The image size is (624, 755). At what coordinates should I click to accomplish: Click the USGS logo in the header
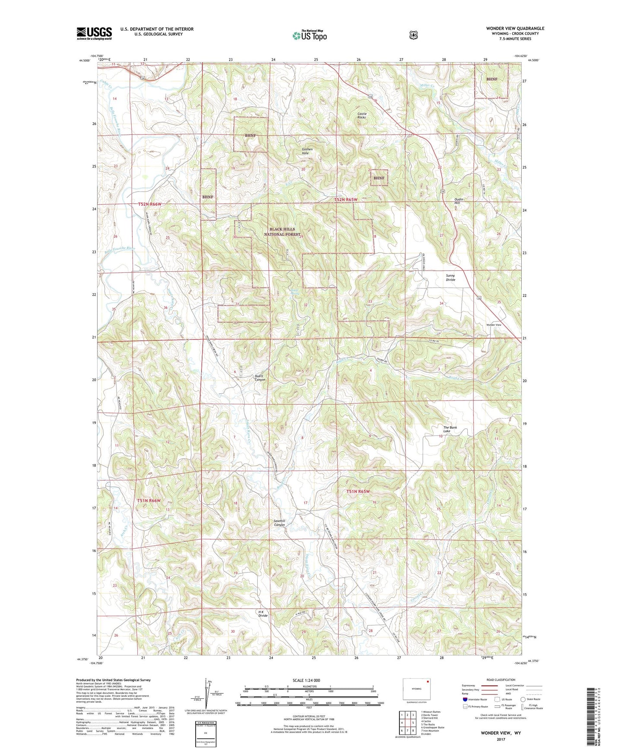pyautogui.click(x=94, y=33)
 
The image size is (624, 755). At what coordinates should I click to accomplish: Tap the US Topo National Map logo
pyautogui.click(x=310, y=35)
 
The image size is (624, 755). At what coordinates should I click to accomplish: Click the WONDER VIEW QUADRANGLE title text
pyautogui.click(x=515, y=29)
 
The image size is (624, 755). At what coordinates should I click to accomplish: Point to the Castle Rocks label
pyautogui.click(x=361, y=115)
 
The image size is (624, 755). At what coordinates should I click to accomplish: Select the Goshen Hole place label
pyautogui.click(x=307, y=151)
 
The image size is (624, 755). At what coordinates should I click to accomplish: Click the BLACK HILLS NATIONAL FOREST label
pyautogui.click(x=282, y=232)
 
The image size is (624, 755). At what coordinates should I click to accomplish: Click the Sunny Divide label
pyautogui.click(x=450, y=278)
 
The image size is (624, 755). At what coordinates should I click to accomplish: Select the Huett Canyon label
pyautogui.click(x=260, y=378)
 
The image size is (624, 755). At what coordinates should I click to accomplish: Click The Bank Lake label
pyautogui.click(x=450, y=429)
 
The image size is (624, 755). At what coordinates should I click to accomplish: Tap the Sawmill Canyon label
pyautogui.click(x=279, y=523)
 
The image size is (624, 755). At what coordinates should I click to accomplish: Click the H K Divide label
pyautogui.click(x=263, y=614)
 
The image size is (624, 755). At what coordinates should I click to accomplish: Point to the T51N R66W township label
pyautogui.click(x=149, y=500)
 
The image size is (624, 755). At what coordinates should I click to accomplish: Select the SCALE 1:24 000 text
pyautogui.click(x=306, y=680)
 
